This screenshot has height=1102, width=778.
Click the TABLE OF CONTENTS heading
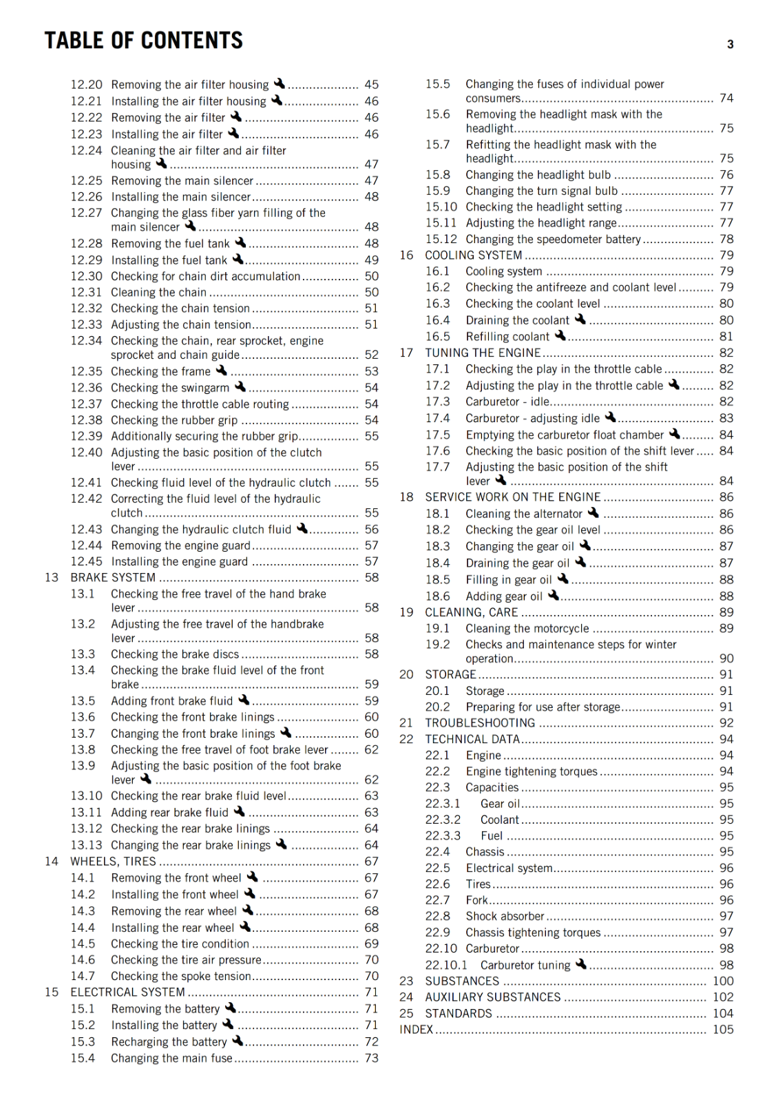point(143,41)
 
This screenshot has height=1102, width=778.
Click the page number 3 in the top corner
point(730,45)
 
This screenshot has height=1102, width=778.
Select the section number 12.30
point(86,276)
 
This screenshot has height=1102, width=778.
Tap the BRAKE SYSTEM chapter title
point(113,578)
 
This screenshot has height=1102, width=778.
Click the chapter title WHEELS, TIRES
point(113,862)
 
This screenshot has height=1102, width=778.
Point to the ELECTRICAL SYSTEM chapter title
point(127,992)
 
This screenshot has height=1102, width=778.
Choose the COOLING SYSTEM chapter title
point(473,256)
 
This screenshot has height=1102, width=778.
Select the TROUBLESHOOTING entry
point(480,723)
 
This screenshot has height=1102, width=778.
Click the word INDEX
point(416,1030)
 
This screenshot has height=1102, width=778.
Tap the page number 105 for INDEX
point(723,1030)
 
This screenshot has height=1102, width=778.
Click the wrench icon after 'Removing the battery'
point(231,1008)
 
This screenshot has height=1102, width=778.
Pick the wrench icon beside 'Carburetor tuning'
point(581,964)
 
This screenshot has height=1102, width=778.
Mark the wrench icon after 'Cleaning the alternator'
point(593,512)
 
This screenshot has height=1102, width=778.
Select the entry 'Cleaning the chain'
point(158,293)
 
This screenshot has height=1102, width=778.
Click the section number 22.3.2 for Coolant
point(443,820)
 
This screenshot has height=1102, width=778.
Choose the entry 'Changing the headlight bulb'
point(538,175)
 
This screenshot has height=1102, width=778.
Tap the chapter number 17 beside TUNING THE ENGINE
point(406,353)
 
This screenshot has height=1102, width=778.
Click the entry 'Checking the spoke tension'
point(180,976)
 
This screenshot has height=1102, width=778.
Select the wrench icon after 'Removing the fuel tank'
point(240,242)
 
